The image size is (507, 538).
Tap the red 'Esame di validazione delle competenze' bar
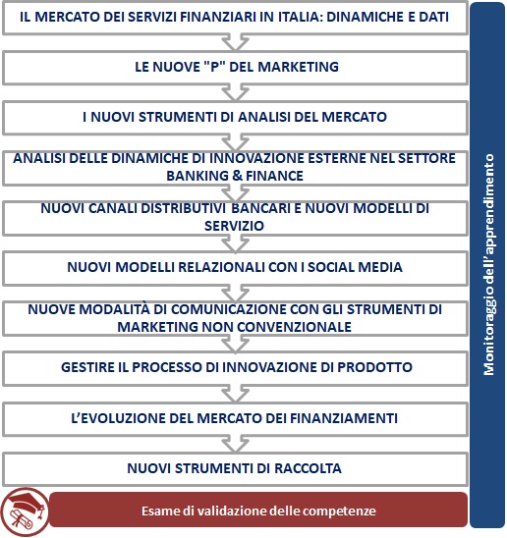pos(258,511)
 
